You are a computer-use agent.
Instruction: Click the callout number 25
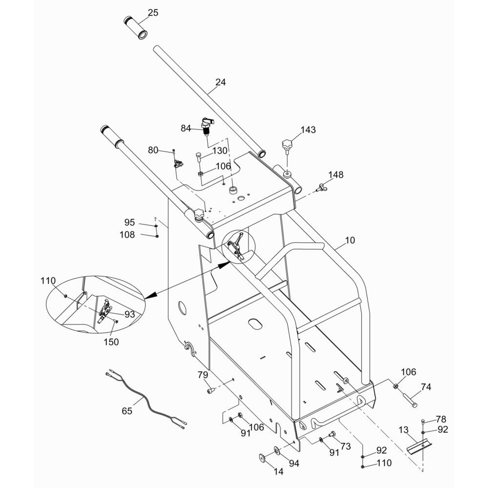click(153, 13)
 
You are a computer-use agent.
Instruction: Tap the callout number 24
click(221, 82)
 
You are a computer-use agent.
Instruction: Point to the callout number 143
click(308, 129)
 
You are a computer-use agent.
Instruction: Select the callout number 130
click(220, 151)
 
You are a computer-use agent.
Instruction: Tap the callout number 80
click(153, 150)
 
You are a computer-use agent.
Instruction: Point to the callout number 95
click(129, 223)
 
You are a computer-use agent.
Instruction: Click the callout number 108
click(127, 235)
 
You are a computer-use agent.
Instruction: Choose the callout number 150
click(111, 342)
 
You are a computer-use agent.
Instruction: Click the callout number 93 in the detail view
click(130, 314)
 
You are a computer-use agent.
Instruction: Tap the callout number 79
click(203, 375)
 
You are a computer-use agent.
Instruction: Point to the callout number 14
click(279, 472)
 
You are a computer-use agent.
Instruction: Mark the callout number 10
click(350, 240)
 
